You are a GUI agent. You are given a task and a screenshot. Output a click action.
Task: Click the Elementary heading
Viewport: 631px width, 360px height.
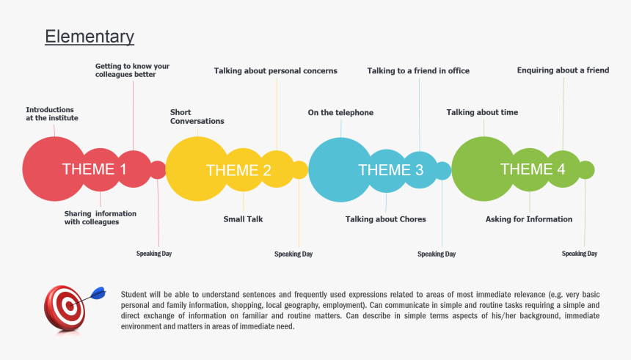pos(90,37)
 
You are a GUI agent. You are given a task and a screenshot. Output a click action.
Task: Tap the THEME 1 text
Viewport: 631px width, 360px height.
pos(95,169)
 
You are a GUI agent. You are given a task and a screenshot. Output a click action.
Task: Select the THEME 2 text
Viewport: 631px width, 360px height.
pos(238,170)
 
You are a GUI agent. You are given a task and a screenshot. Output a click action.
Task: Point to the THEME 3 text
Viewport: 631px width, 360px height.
pos(390,170)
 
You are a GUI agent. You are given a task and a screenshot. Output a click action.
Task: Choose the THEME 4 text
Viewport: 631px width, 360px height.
pos(533,169)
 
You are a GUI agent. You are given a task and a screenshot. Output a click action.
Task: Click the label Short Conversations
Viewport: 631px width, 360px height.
pos(197,117)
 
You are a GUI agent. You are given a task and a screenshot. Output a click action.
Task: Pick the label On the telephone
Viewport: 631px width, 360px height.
pos(340,113)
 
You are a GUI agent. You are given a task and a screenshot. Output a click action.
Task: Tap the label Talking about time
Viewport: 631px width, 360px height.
pos(482,112)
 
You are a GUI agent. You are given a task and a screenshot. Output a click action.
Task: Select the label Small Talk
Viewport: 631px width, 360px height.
pos(243,219)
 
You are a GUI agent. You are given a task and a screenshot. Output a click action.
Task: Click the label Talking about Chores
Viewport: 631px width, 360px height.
pos(385,219)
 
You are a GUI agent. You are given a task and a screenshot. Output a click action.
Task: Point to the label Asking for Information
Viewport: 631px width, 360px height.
pos(529,219)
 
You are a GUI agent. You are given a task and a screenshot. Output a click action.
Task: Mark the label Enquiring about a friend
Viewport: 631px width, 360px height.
pos(563,71)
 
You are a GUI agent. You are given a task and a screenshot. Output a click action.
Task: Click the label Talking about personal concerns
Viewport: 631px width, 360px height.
pos(276,71)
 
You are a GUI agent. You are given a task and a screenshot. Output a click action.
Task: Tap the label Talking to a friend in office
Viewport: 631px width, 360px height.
pos(418,71)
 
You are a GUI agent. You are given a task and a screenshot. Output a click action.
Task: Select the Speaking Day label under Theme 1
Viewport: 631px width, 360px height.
pos(154,254)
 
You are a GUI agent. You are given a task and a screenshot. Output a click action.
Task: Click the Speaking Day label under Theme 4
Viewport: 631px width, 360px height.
pos(580,254)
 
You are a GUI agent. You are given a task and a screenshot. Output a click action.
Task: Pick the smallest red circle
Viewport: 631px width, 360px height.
pos(158,170)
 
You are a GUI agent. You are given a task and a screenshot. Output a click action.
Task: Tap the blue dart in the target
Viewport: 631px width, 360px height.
pos(97,293)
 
